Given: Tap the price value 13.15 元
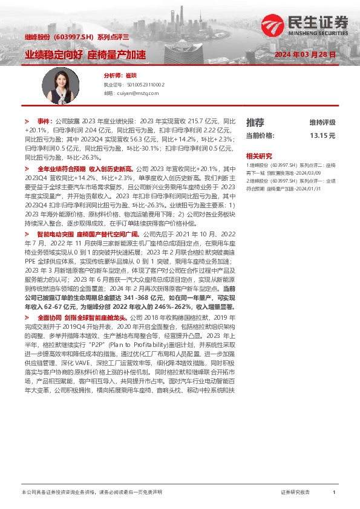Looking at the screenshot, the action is pos(322,136).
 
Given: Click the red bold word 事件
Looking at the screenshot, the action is pos(45,121).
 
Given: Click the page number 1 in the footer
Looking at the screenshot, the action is pos(334,493).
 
